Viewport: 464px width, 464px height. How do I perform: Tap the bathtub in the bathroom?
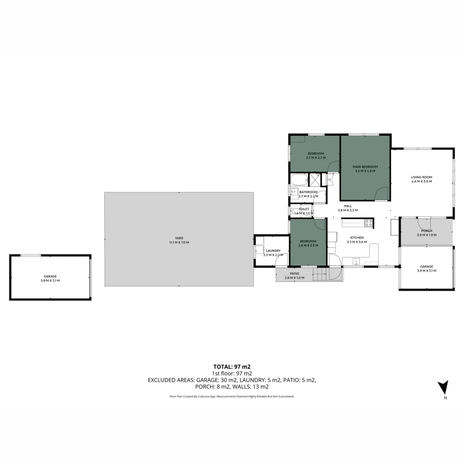(299, 180)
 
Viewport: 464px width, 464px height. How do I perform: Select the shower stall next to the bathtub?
(315, 180)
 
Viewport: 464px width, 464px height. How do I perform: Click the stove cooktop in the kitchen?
(369, 223)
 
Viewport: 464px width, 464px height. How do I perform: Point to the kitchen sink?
(356, 261)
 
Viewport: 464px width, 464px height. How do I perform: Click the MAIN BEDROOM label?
(365, 167)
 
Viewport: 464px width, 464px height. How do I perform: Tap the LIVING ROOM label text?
(421, 177)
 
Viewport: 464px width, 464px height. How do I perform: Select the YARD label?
(179, 238)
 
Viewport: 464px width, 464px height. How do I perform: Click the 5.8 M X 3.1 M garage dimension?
(50, 281)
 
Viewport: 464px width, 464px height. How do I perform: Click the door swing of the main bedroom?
(381, 194)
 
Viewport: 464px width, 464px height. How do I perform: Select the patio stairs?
(320, 274)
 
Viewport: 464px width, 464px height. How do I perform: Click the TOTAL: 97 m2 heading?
(232, 366)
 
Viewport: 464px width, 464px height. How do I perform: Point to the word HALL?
(348, 206)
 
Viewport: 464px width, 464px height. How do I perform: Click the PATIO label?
(294, 274)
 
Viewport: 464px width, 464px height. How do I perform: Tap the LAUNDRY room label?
(273, 250)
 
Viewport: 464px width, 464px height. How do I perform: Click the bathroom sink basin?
(295, 191)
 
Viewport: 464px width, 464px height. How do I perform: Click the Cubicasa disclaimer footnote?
(232, 397)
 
